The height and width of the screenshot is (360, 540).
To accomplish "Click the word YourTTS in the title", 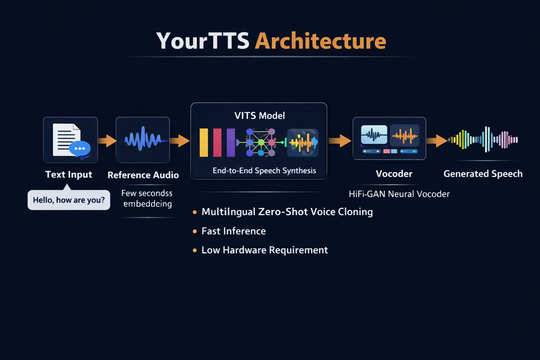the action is click(203, 41).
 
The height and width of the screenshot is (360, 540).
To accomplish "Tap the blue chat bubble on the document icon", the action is click(80, 148).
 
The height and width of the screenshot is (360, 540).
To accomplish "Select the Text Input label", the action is click(69, 174).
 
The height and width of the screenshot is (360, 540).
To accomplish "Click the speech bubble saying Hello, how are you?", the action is click(69, 200).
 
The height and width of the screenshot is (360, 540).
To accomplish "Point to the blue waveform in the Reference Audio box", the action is click(143, 139).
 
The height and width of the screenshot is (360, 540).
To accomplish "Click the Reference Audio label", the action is click(143, 175).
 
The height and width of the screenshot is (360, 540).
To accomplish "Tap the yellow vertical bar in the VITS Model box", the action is click(204, 142).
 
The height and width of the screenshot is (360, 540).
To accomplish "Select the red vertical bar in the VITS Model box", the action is click(217, 142).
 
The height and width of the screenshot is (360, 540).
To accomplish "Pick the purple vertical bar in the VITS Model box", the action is click(231, 142).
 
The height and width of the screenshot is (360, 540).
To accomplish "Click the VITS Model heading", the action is click(259, 116).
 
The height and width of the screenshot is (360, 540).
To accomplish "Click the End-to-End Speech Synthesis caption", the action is click(264, 171).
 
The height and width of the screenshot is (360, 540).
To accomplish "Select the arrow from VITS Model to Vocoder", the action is click(340, 141).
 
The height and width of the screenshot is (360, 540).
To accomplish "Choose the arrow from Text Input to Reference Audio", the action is click(107, 141).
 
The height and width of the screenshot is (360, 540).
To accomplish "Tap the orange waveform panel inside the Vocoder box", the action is click(405, 135).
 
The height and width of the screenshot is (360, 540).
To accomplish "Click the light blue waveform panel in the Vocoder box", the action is click(374, 135).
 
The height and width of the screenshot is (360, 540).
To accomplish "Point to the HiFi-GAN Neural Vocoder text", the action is click(399, 194).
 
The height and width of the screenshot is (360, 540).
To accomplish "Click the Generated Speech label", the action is click(483, 174).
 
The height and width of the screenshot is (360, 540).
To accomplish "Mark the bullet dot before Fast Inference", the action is click(195, 231).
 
